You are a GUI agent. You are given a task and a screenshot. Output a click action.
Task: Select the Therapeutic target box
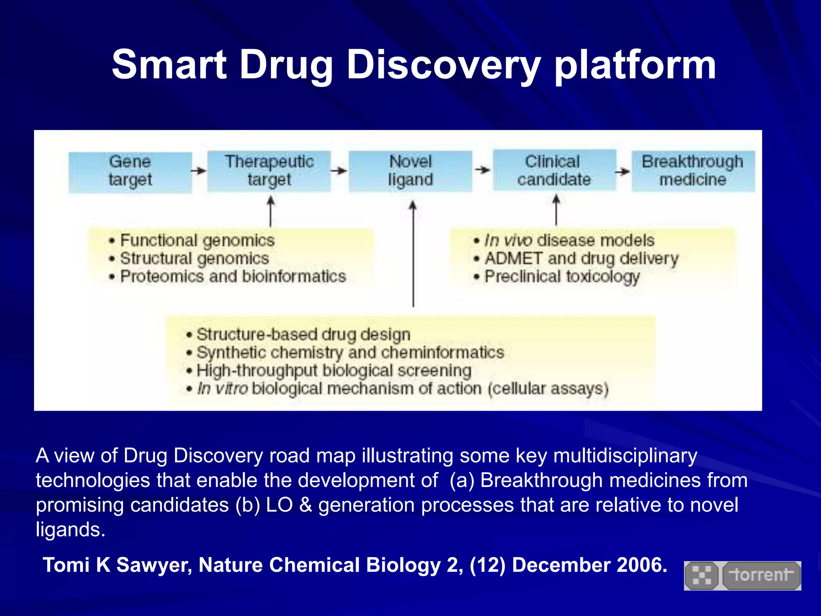[x=269, y=171]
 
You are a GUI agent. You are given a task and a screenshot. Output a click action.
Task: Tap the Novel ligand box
[x=410, y=171]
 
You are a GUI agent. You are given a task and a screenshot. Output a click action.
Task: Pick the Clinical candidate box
[x=554, y=170]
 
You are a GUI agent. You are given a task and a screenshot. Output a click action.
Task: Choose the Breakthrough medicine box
[x=693, y=171]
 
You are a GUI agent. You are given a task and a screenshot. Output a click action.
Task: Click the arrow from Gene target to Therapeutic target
[x=199, y=171]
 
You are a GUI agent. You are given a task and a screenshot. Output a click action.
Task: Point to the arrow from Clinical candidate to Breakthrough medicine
[x=623, y=172]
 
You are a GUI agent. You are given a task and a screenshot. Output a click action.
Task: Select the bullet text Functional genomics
[x=197, y=241]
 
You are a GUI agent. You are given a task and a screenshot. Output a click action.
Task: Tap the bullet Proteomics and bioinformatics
[x=233, y=277]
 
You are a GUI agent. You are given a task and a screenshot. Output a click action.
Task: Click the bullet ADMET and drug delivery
[x=581, y=259]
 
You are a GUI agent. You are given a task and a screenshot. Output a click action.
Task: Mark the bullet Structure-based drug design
[x=303, y=334]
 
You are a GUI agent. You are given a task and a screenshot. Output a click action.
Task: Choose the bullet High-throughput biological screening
[x=334, y=371]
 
